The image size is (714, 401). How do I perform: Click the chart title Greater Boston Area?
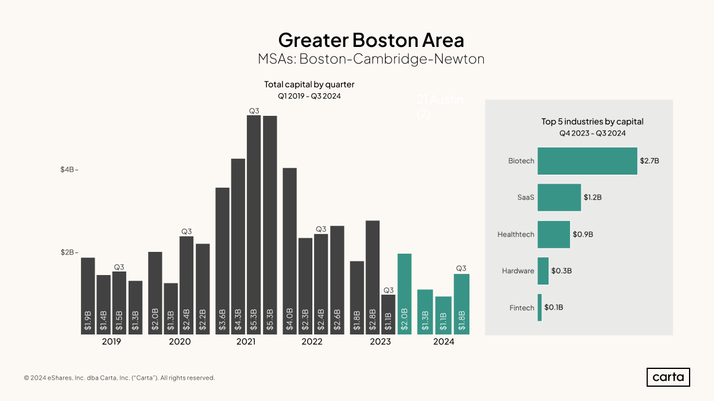(x=371, y=40)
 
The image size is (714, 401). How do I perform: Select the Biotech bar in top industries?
(x=587, y=161)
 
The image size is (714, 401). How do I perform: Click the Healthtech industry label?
(x=515, y=235)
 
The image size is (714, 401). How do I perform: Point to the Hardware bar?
(x=543, y=271)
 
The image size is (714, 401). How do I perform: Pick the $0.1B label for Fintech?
(x=553, y=308)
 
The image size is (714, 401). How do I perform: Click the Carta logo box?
(x=668, y=377)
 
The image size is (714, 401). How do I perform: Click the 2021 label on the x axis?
(x=246, y=342)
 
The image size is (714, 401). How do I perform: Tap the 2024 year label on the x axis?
(x=444, y=342)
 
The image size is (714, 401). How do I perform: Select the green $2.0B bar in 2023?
(x=405, y=294)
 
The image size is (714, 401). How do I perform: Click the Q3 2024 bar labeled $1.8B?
(x=461, y=304)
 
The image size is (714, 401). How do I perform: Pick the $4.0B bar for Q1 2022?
(x=290, y=251)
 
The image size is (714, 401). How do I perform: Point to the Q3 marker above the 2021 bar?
(x=254, y=111)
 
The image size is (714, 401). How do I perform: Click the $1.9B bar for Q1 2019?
(x=88, y=296)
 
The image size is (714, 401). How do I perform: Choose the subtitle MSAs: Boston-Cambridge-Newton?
(x=371, y=59)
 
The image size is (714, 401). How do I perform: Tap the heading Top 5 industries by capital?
(x=592, y=121)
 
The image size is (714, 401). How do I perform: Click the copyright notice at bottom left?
(x=119, y=378)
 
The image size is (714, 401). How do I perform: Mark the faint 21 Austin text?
(x=440, y=100)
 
